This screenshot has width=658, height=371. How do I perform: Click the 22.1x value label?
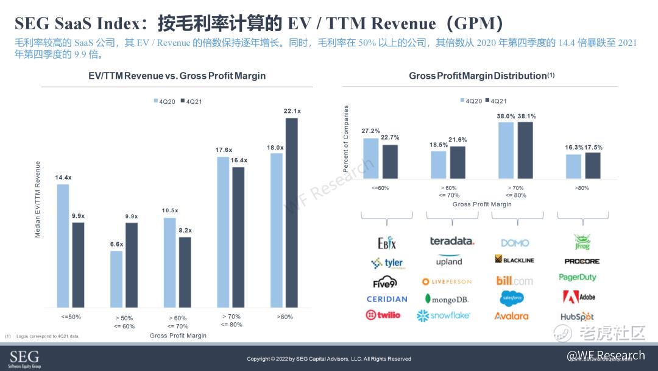click(x=292, y=111)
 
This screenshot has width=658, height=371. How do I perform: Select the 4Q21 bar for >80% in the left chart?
click(x=292, y=214)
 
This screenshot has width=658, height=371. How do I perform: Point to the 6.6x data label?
click(x=116, y=244)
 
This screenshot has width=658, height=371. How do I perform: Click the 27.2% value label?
click(x=370, y=131)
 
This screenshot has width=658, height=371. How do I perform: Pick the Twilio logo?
click(x=383, y=315)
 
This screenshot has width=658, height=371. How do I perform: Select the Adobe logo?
click(x=578, y=297)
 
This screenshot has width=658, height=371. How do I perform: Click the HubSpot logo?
click(x=577, y=317)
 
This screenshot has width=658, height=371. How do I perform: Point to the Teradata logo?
click(x=452, y=242)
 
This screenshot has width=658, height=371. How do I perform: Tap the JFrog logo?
click(x=582, y=242)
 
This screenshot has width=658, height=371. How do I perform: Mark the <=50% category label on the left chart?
click(x=71, y=317)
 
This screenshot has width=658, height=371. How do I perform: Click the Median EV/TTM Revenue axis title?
click(x=38, y=199)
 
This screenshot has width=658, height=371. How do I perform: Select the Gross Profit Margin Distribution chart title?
click(x=481, y=76)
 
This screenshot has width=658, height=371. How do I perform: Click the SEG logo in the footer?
click(x=24, y=358)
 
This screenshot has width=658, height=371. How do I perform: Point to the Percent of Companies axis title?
click(x=346, y=139)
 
